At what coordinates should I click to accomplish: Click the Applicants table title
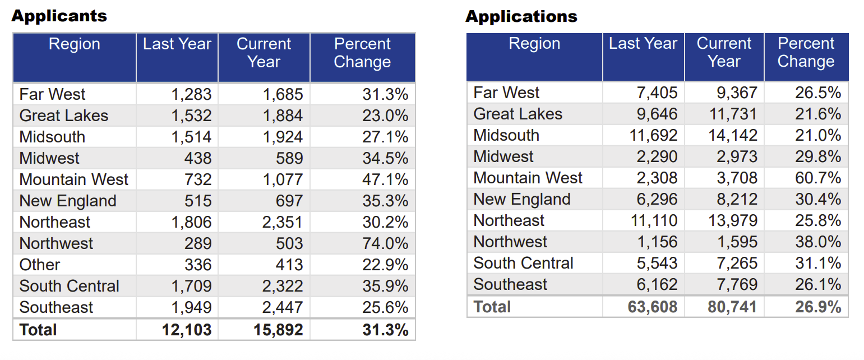pyautogui.click(x=59, y=16)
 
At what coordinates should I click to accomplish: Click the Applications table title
pyautogui.click(x=521, y=16)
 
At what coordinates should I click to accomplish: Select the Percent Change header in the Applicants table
pyautogui.click(x=362, y=53)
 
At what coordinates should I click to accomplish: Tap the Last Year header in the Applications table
pyautogui.click(x=643, y=44)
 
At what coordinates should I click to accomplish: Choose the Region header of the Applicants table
pyautogui.click(x=74, y=44)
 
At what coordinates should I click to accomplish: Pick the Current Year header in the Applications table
pyautogui.click(x=724, y=52)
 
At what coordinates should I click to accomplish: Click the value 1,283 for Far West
pyautogui.click(x=191, y=94)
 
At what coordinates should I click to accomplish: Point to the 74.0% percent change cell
pyautogui.click(x=385, y=243)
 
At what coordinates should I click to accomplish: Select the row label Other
pyautogui.click(x=39, y=265)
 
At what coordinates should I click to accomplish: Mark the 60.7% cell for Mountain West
pyautogui.click(x=817, y=178)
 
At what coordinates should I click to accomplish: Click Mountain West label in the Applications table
pyautogui.click(x=528, y=178)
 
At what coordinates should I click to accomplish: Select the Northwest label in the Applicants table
pyautogui.click(x=56, y=243)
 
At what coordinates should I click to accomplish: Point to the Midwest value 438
pyautogui.click(x=198, y=158)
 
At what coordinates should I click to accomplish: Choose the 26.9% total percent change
pyautogui.click(x=817, y=307)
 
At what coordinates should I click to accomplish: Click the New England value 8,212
pyautogui.click(x=737, y=199)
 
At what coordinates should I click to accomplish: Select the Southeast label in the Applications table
pyautogui.click(x=510, y=284)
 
